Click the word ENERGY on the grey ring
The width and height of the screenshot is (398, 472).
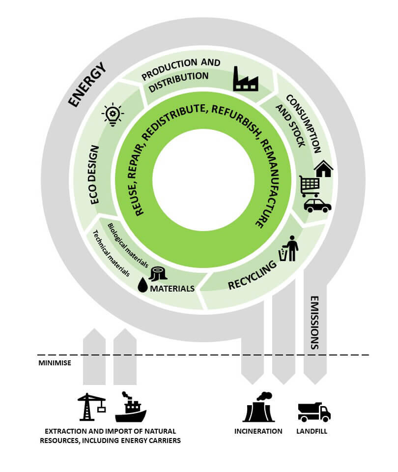87,85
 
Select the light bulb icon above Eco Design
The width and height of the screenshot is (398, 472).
113,115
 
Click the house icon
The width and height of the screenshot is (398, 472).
323,169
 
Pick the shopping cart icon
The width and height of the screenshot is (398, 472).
310,186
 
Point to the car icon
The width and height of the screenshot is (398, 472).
317,205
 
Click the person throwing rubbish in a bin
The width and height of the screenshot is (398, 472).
289,248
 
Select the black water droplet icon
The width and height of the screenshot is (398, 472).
142,285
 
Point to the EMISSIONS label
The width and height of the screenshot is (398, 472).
314,323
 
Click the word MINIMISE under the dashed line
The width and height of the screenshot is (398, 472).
55,363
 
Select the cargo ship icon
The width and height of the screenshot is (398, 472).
130,407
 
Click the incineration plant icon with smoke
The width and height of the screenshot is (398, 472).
259,407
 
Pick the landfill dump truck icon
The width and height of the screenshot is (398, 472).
314,412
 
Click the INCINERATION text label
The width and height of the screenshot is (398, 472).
258,431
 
